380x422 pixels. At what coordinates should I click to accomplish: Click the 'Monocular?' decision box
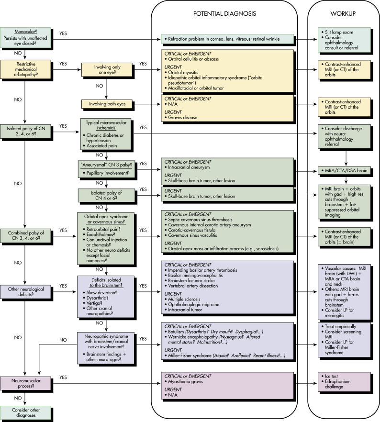click(25, 38)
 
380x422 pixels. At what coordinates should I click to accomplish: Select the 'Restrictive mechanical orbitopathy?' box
click(25, 69)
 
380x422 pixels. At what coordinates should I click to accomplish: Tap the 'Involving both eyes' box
click(107, 104)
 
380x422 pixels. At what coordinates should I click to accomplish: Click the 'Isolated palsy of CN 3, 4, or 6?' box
click(25, 131)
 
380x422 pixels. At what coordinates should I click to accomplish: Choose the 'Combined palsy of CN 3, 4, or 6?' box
click(25, 235)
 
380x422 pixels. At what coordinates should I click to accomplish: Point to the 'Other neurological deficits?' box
click(25, 292)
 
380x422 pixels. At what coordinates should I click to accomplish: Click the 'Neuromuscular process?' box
click(25, 383)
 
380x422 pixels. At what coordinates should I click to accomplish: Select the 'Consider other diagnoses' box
click(25, 412)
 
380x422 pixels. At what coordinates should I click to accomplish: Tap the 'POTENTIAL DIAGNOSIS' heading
click(224, 13)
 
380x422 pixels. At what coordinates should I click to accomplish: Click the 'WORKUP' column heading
click(343, 13)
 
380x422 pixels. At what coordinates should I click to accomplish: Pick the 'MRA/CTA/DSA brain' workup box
click(344, 171)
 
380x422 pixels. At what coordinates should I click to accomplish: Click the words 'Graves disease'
click(182, 117)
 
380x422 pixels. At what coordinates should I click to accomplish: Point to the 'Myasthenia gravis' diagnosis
click(185, 382)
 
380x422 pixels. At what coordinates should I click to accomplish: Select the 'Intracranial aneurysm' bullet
click(189, 167)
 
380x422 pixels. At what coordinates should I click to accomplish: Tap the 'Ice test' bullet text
click(331, 376)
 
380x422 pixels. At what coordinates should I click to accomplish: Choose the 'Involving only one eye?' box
click(107, 70)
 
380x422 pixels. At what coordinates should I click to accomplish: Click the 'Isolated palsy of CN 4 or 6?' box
click(106, 195)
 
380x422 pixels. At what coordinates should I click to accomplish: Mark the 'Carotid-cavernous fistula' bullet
click(191, 230)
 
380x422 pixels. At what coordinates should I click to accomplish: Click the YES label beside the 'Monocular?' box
click(63, 33)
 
